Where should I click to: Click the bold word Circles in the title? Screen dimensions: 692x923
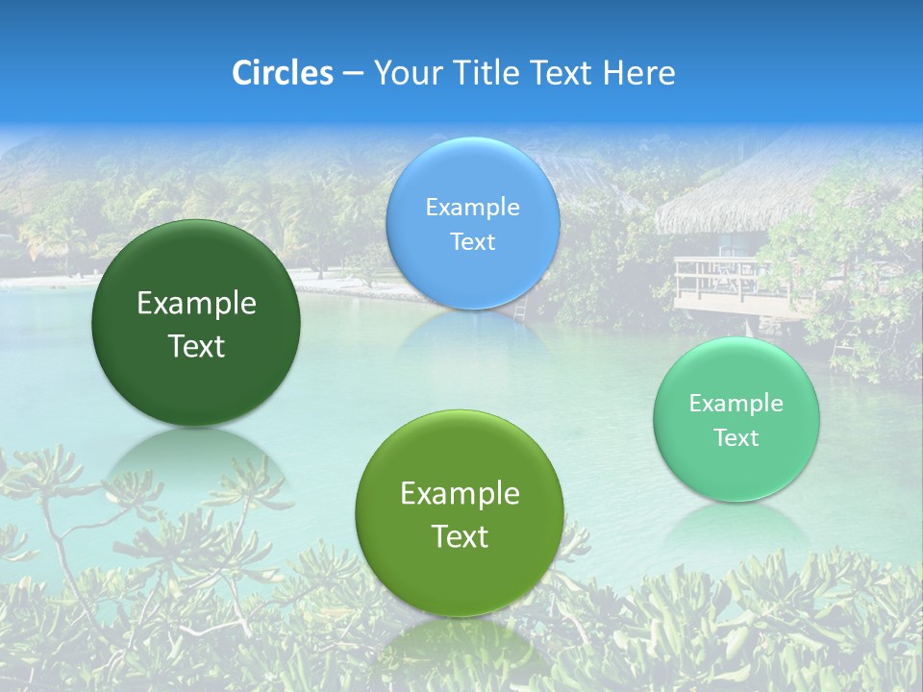click(x=282, y=73)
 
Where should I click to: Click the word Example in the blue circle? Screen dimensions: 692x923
click(x=472, y=208)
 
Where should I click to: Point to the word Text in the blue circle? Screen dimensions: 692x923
click(x=472, y=242)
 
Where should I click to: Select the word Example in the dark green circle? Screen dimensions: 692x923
click(x=196, y=304)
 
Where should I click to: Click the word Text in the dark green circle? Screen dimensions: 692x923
click(x=196, y=347)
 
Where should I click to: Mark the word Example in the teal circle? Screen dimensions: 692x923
click(x=736, y=404)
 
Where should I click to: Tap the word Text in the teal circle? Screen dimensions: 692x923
click(x=736, y=438)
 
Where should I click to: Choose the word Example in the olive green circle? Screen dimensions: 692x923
click(x=460, y=494)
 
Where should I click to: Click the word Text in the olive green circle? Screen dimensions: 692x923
click(x=460, y=537)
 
